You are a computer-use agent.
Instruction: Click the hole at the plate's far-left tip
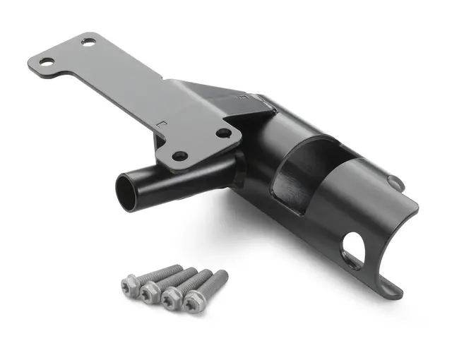46,62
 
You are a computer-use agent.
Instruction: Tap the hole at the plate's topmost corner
88,42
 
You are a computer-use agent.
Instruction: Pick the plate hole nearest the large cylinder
223,132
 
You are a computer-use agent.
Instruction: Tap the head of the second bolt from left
148,292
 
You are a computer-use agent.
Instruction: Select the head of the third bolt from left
169,299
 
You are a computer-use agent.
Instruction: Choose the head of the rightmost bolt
192,302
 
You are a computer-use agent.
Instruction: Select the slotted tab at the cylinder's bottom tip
391,287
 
